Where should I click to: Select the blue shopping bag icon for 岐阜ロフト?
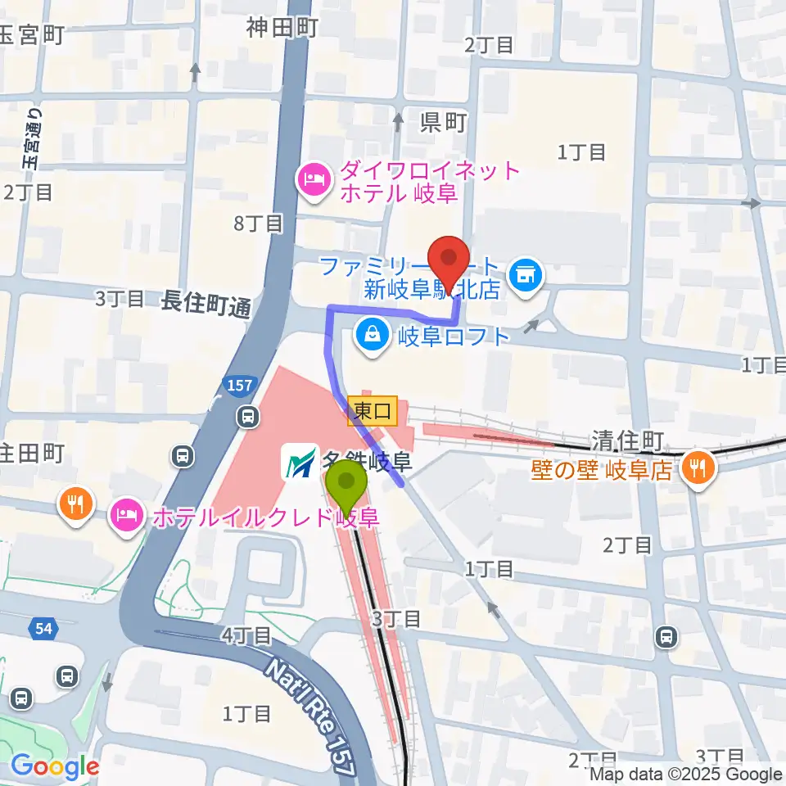[373, 336]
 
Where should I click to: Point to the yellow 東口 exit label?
[373, 411]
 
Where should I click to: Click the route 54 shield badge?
[43, 629]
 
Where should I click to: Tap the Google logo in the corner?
[54, 766]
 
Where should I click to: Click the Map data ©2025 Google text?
[686, 774]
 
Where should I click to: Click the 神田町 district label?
[282, 29]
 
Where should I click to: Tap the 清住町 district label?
[626, 442]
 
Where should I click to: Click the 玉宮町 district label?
[31, 35]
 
